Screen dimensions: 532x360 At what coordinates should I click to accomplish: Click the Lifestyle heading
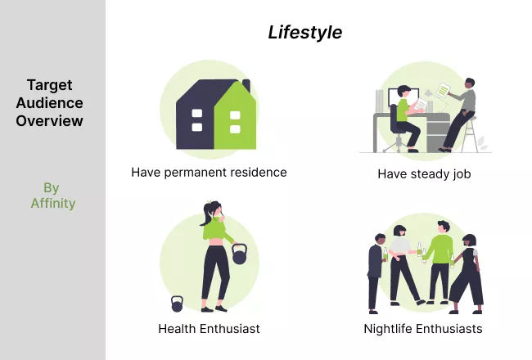305,33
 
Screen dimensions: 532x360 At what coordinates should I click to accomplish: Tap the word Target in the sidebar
50,85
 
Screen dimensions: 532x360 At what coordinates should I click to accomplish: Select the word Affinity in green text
53,203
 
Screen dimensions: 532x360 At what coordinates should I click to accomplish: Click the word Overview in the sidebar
50,121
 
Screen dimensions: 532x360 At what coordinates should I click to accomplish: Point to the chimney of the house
246,85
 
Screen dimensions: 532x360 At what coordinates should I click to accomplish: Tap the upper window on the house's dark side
197,113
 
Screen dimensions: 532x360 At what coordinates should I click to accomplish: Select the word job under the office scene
462,174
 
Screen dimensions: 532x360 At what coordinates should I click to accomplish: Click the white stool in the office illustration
471,134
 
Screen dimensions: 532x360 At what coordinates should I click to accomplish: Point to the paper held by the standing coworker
443,90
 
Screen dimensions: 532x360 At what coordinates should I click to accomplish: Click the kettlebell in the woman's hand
239,254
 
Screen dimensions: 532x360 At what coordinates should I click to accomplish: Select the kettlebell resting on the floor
177,304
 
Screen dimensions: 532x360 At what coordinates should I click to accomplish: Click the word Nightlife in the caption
388,329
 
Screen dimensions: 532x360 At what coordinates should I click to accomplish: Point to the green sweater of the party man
440,249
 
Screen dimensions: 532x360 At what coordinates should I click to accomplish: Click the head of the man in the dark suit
380,239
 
